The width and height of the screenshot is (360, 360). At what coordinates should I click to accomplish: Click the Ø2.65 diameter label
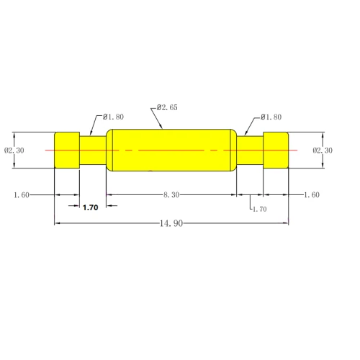click(x=167, y=107)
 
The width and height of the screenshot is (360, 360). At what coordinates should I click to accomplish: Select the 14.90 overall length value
click(x=171, y=223)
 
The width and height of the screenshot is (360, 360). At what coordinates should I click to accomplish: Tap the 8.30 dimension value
click(x=171, y=195)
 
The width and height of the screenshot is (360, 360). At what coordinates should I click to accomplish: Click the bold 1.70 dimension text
click(x=91, y=207)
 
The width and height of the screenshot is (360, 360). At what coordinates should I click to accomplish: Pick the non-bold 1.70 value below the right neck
click(x=258, y=209)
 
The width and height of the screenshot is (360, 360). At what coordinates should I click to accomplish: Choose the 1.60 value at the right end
click(x=311, y=195)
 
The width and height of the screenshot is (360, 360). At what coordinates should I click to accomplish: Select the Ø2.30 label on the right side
click(x=323, y=150)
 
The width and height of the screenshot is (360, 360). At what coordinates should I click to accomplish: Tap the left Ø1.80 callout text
click(x=114, y=117)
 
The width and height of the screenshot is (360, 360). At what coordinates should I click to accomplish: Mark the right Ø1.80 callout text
click(x=271, y=117)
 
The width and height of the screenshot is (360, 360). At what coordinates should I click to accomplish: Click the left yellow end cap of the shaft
click(x=68, y=150)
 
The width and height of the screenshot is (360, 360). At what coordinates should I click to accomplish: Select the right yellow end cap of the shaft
click(x=276, y=150)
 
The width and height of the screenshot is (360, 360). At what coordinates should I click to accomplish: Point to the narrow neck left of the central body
click(x=93, y=150)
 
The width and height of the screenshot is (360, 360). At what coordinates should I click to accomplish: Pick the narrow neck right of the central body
click(x=250, y=150)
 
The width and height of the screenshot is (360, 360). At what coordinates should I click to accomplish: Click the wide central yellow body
click(x=171, y=150)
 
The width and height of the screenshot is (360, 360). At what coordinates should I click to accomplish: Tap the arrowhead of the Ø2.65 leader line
click(x=164, y=127)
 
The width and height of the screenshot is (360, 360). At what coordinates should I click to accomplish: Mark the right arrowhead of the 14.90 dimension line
click(x=286, y=223)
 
